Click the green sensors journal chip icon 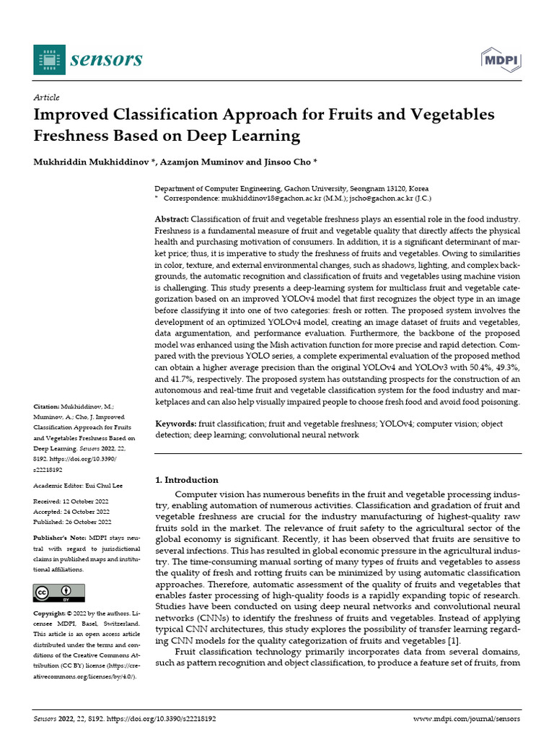tap(48, 59)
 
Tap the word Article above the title tap(46, 97)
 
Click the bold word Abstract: tap(172, 219)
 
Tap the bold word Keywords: tap(175, 424)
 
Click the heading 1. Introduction tap(187, 480)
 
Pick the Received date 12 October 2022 tap(86, 501)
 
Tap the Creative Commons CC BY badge tap(54, 593)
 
